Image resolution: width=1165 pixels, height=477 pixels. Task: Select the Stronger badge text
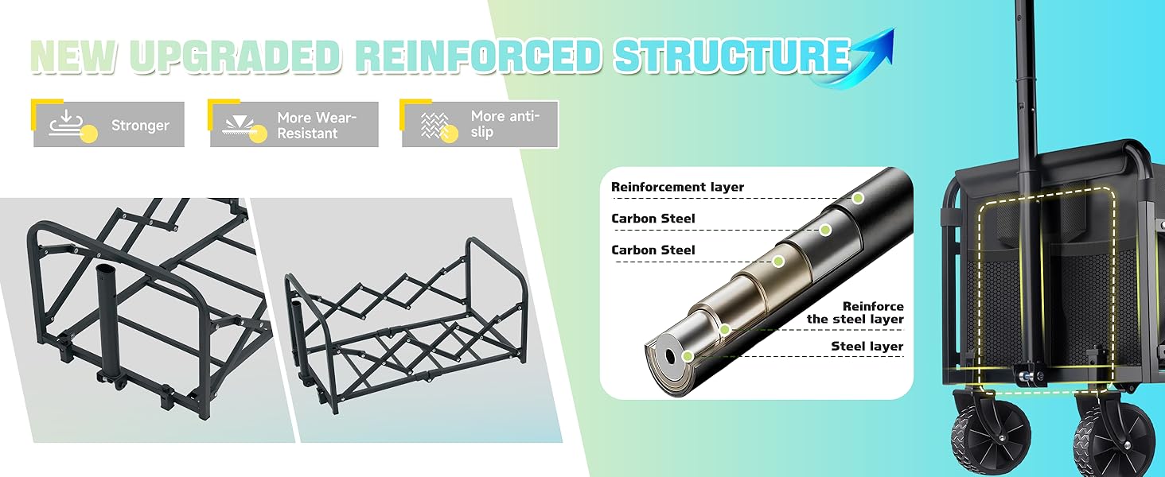140,126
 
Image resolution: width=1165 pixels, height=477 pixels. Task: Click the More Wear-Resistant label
317,126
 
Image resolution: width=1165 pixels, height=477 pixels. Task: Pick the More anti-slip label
505,124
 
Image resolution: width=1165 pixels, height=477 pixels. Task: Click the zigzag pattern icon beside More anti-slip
434,125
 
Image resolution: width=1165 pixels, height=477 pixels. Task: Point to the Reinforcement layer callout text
677,187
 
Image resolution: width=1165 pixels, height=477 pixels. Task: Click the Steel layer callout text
867,346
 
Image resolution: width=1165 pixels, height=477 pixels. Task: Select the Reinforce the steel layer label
855,312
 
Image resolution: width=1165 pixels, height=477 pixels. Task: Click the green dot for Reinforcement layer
858,198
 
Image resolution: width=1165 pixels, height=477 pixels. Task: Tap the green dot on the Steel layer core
688,356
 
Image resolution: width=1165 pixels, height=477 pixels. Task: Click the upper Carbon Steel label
653,219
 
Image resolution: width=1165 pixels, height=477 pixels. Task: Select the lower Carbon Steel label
653,250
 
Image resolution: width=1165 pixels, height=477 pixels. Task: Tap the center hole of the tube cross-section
669,356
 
